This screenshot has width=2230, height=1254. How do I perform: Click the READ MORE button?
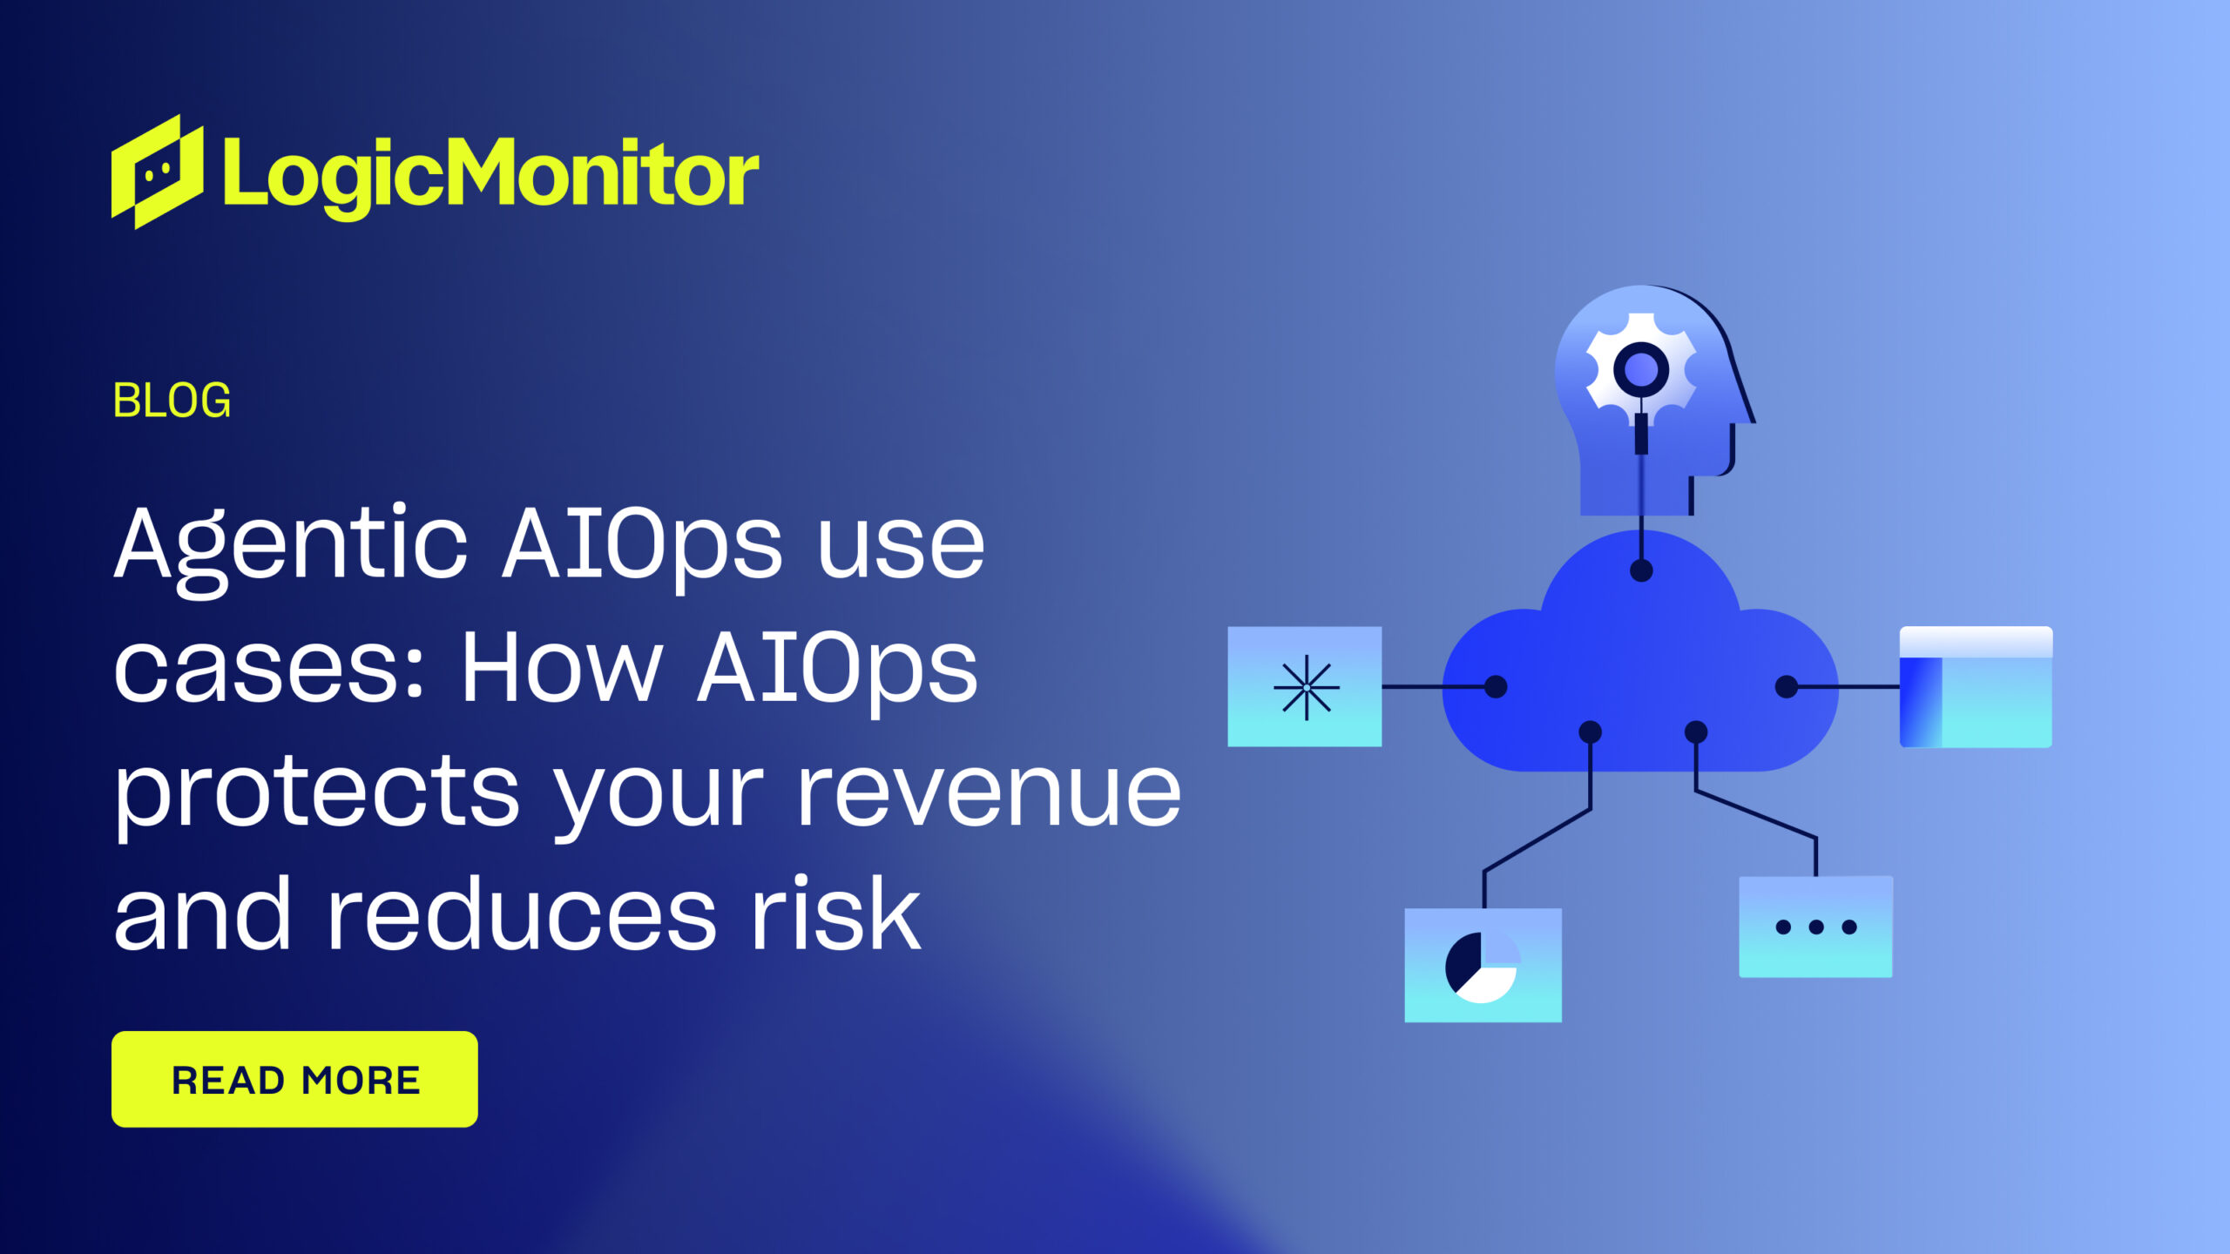pyautogui.click(x=294, y=1079)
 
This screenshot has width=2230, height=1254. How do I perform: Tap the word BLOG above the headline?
pyautogui.click(x=172, y=401)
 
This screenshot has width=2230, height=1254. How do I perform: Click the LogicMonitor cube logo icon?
pyautogui.click(x=158, y=172)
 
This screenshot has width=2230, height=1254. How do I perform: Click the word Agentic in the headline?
pyautogui.click(x=291, y=545)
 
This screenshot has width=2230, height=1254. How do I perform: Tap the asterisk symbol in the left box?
pyautogui.click(x=1306, y=687)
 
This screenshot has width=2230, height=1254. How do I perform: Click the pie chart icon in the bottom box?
pyautogui.click(x=1482, y=966)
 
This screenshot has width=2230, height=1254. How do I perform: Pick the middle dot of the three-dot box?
pyautogui.click(x=1816, y=927)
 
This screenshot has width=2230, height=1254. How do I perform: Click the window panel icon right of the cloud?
pyautogui.click(x=1976, y=687)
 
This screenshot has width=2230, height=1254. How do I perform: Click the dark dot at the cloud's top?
pyautogui.click(x=1641, y=571)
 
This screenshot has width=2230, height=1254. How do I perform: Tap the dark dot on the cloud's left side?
pyautogui.click(x=1496, y=687)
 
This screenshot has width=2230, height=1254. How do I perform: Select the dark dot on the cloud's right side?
pyautogui.click(x=1787, y=687)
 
